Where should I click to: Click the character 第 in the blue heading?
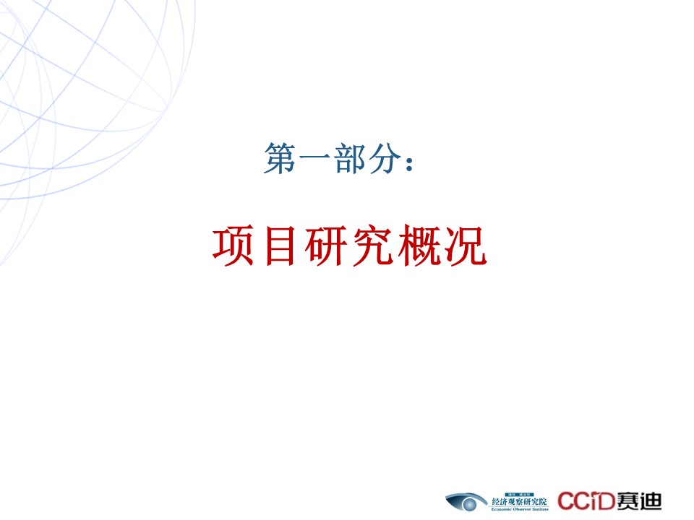pos(280,158)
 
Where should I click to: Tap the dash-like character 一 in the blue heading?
pos(314,157)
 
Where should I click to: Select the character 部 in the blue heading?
pos(350,158)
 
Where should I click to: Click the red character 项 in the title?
pos(234,246)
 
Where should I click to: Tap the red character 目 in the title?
pos(280,246)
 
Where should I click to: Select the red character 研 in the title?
pos(326,246)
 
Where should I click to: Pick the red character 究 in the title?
pos(373,246)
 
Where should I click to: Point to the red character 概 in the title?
pos(419,246)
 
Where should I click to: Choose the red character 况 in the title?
pos(466,246)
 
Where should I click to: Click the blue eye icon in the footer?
pos(466,502)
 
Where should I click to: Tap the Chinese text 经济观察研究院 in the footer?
pos(519,501)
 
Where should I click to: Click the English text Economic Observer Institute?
pos(520,509)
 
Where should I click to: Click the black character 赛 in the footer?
pos(627,501)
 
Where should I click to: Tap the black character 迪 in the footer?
pos(651,501)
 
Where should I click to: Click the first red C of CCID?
pos(565,501)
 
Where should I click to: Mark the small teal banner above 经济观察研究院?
pos(519,494)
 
